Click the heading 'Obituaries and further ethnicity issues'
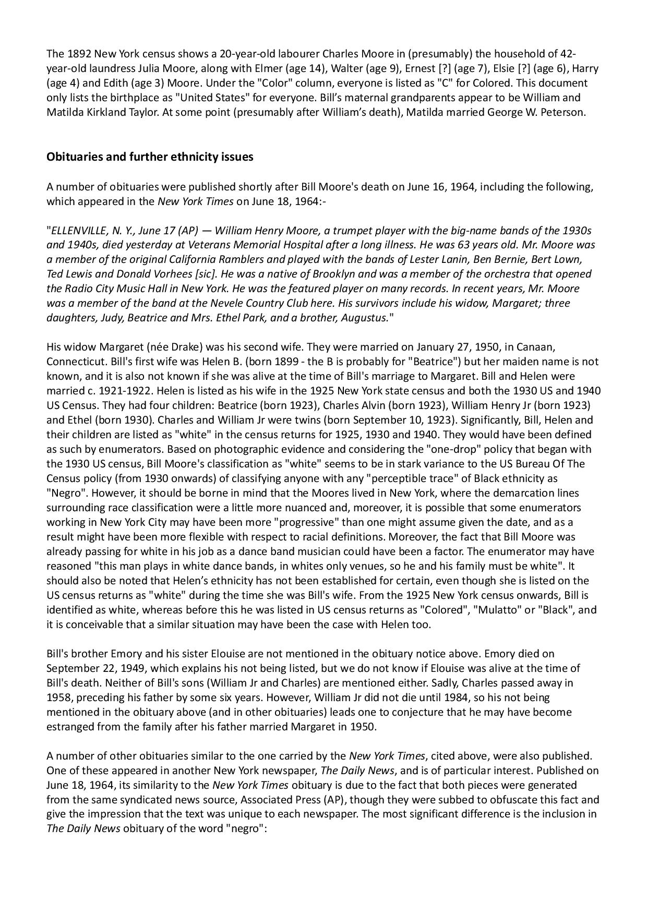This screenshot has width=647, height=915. (x=150, y=156)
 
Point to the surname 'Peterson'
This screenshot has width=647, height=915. (x=563, y=112)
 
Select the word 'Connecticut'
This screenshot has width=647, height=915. (x=74, y=362)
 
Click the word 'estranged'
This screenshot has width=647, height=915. (x=69, y=727)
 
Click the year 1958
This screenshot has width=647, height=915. (x=57, y=697)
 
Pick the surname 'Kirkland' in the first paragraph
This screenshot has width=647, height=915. (x=102, y=112)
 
